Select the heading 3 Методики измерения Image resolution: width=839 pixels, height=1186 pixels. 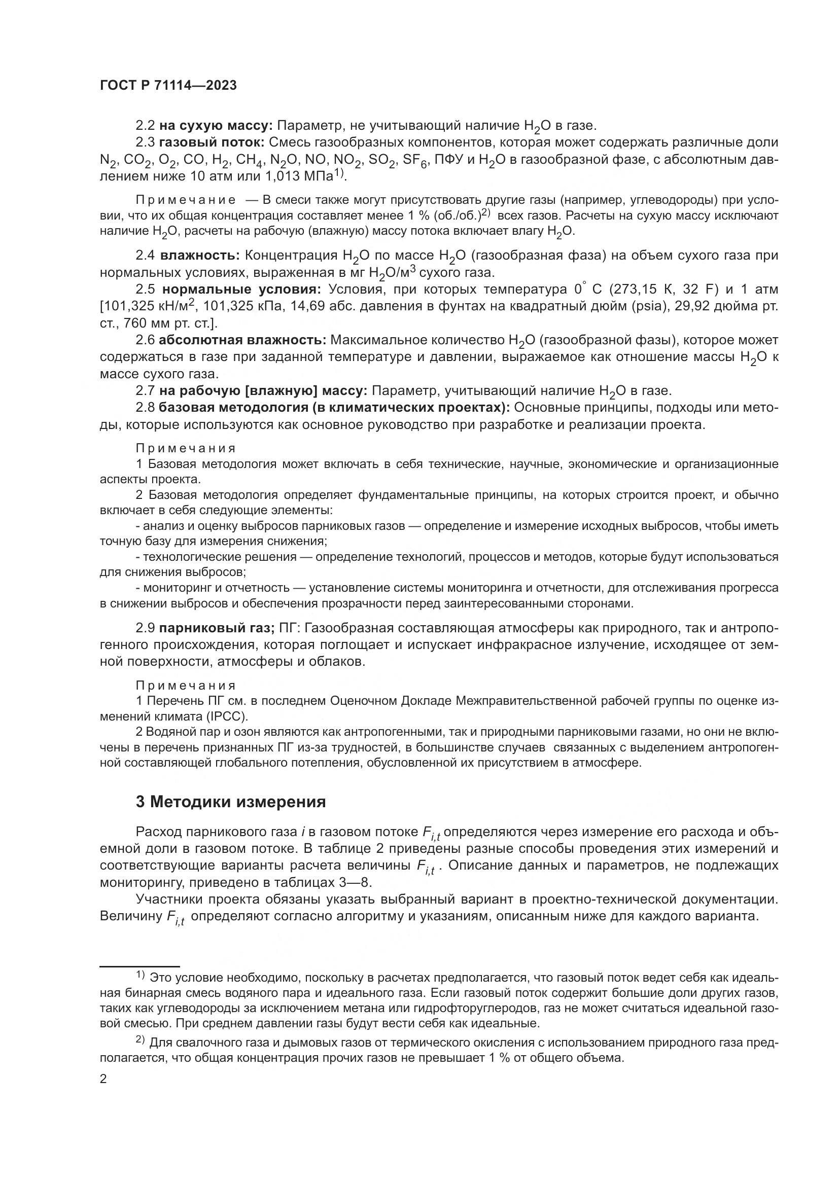pyautogui.click(x=230, y=802)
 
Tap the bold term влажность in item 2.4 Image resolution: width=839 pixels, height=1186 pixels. pyautogui.click(x=199, y=255)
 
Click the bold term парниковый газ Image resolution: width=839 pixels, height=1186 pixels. pyautogui.click(x=217, y=628)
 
